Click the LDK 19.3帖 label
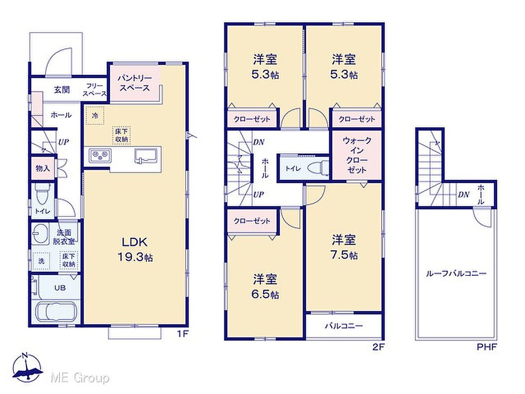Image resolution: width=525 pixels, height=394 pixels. (x=135, y=249)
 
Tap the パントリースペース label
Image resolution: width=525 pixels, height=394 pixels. (x=134, y=83)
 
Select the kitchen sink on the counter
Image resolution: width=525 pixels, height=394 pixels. (x=146, y=156)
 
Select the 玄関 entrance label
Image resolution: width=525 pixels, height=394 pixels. (x=62, y=90)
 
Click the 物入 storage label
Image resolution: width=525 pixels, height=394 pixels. (x=42, y=168)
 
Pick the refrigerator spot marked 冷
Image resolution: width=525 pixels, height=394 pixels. (x=95, y=116)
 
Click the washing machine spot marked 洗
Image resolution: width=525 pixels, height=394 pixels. (x=41, y=261)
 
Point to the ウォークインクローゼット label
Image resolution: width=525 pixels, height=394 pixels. (x=357, y=155)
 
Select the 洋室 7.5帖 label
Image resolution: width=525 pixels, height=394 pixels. (x=344, y=248)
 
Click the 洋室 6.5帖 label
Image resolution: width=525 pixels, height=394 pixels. (x=265, y=287)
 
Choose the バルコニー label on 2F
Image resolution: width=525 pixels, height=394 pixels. (x=344, y=326)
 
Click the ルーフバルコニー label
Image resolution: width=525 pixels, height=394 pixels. (x=456, y=273)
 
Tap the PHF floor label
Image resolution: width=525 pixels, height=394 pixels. (x=487, y=347)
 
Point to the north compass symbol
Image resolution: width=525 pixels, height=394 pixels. (x=28, y=367)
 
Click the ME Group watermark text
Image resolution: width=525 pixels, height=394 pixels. (x=80, y=378)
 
